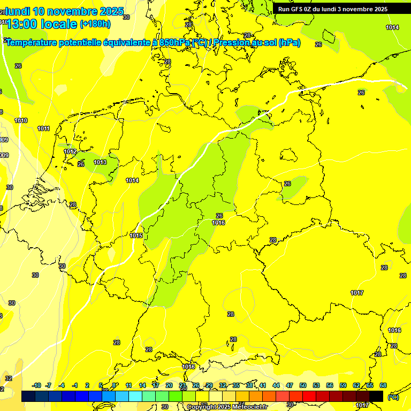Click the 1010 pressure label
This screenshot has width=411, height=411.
pos(21,120)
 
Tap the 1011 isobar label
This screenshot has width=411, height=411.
pos(44,128)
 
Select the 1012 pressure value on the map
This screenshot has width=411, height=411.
pos(70,151)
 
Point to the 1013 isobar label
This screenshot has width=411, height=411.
pos(100,162)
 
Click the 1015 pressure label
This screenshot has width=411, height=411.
pos(136,235)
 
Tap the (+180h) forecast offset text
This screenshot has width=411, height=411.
pos(95,24)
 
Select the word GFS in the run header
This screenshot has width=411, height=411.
pos(298,9)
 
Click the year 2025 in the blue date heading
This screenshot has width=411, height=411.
pos(111,11)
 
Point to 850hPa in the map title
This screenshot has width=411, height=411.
pos(175,43)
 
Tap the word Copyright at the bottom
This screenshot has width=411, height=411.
pos(203,407)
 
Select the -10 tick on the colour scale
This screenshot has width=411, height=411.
pos(36,385)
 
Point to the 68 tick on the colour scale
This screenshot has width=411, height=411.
pos(383,385)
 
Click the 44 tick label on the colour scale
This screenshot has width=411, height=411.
pos(276,385)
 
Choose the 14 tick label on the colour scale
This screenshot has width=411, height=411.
pos(142,385)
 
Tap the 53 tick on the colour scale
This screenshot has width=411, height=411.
pos(316,385)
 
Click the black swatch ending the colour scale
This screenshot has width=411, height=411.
pos(376,396)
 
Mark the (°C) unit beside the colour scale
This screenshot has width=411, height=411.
pos(393,397)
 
